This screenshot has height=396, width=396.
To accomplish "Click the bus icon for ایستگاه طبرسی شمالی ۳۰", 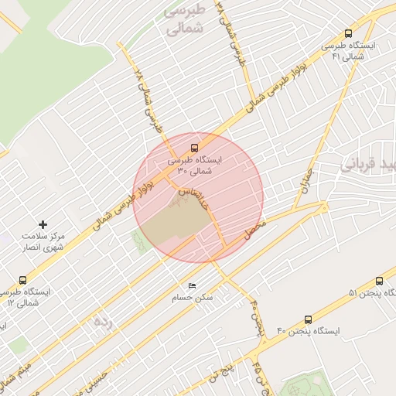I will click(193, 146).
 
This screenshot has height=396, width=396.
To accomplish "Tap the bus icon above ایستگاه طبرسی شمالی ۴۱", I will click(349, 34).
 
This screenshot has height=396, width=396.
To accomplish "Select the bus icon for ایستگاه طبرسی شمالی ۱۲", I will click(22, 281).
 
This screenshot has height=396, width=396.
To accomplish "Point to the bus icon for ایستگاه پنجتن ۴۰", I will click(309, 319).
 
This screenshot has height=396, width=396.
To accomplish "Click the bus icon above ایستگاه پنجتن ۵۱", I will click(379, 282).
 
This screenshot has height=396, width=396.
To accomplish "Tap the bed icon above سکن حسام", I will click(192, 286).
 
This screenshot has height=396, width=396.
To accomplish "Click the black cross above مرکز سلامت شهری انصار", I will click(43, 224).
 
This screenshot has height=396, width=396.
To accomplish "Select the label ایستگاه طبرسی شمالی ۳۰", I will click(193, 165).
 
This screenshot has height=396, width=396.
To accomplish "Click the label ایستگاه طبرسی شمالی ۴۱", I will click(349, 51).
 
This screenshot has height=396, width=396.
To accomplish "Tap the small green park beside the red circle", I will click(141, 241).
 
